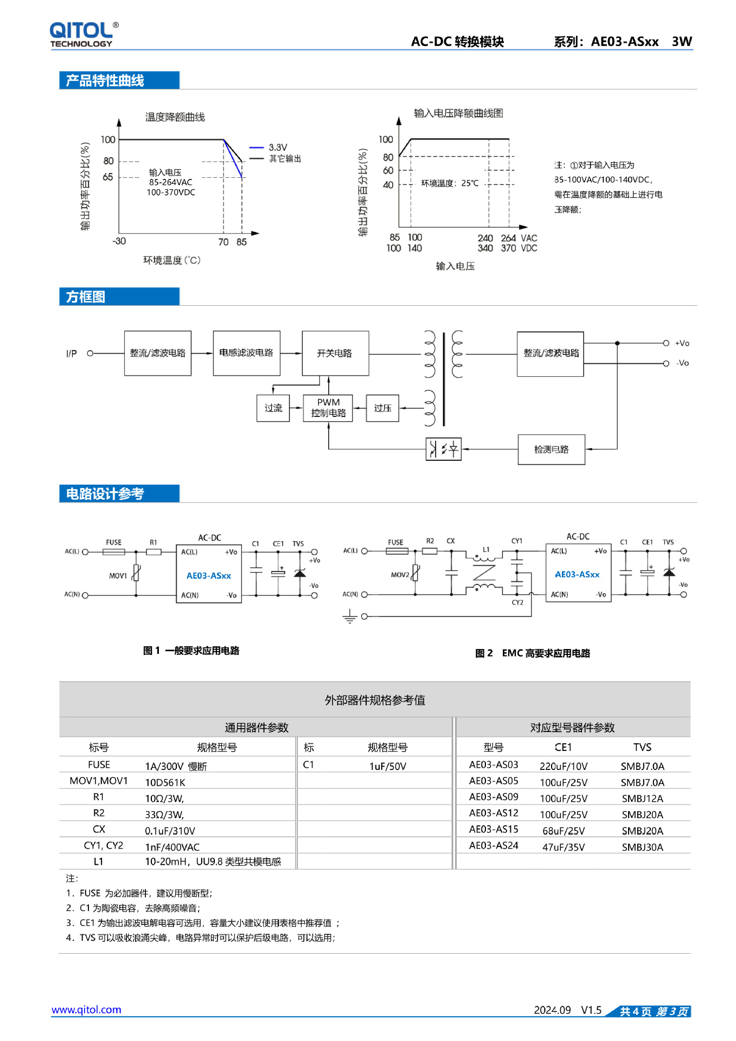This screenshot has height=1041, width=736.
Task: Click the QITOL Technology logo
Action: tap(84, 34)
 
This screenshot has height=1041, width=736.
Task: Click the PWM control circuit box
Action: tap(328, 408)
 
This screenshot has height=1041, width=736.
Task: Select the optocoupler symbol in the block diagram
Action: tap(443, 449)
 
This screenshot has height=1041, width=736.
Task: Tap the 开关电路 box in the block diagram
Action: tap(335, 353)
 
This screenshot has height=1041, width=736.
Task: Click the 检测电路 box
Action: tap(551, 449)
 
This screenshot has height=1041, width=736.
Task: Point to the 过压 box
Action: tap(382, 408)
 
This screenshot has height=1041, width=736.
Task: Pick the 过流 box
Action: tap(273, 408)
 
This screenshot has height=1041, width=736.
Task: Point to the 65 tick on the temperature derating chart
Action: tap(108, 177)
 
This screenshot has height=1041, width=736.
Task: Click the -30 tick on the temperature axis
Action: tap(119, 241)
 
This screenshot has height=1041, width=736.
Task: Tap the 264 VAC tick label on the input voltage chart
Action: tap(508, 238)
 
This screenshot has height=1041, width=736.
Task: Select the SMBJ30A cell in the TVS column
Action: tap(642, 847)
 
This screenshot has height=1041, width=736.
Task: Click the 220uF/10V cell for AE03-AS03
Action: tap(564, 766)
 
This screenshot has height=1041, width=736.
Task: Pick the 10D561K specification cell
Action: tap(165, 782)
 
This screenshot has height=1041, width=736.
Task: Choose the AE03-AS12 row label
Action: tap(494, 813)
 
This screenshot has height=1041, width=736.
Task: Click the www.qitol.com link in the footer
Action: tap(86, 1010)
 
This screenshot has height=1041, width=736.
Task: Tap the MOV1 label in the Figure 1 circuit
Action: tap(118, 576)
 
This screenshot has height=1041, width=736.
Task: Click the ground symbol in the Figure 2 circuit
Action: tap(350, 617)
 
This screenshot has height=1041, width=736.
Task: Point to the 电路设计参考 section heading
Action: tap(105, 494)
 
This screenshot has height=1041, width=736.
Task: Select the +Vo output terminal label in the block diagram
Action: tap(682, 343)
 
